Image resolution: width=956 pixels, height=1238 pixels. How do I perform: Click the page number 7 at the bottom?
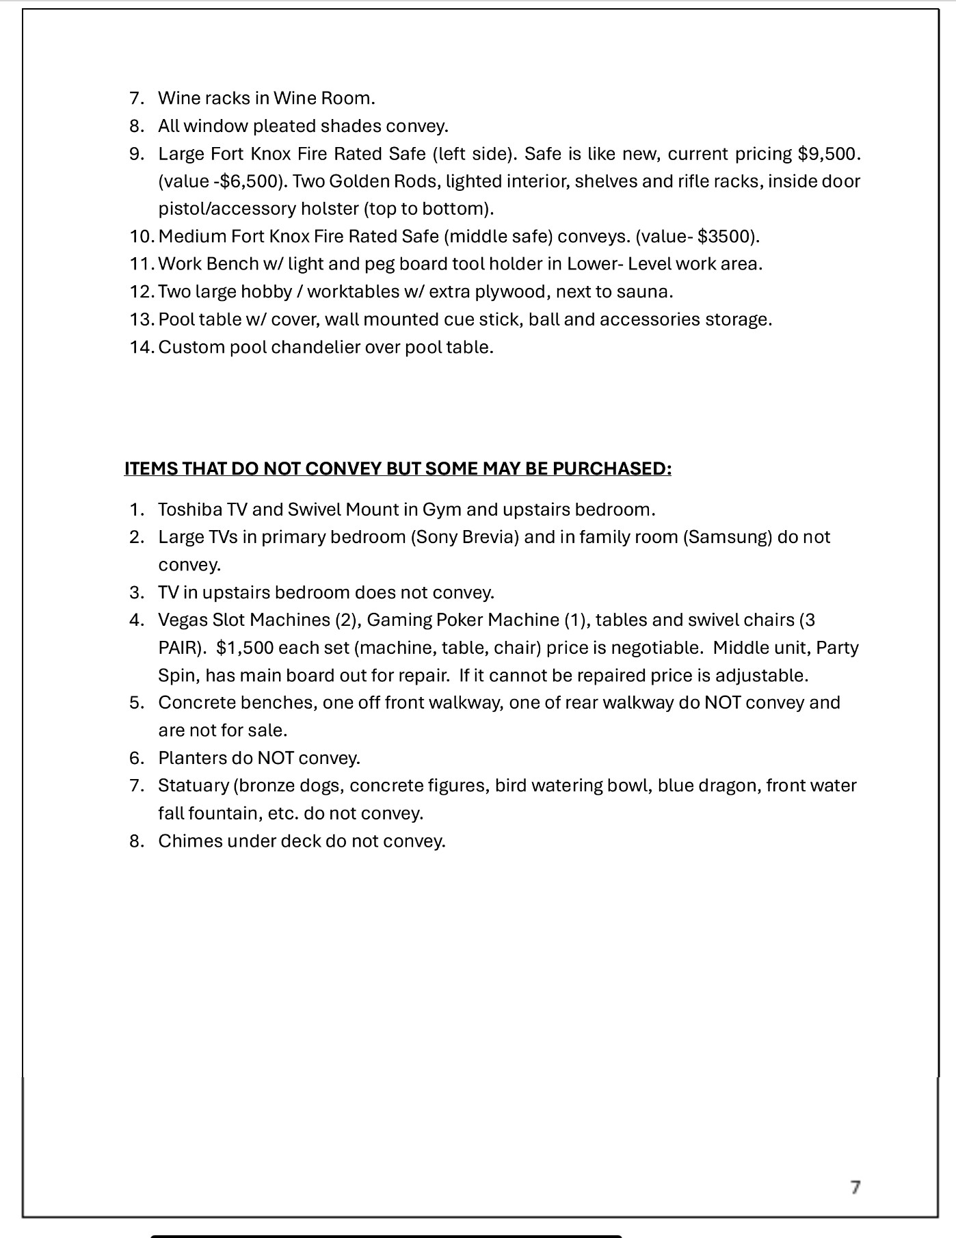(855, 1187)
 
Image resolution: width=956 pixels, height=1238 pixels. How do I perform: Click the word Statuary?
(194, 785)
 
